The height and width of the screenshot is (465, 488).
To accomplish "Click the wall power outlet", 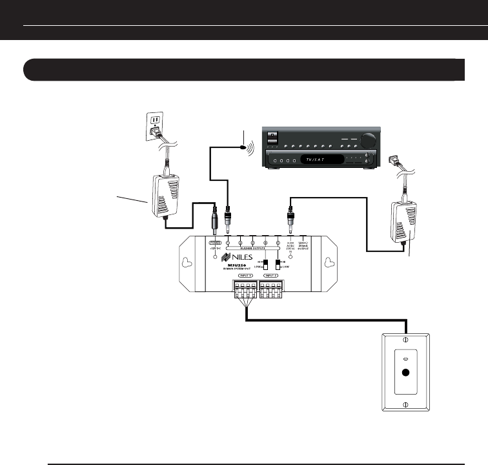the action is pos(154,125).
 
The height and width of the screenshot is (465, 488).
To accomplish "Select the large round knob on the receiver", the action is pos(369,140).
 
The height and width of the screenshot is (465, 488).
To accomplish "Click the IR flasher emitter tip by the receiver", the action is pos(244,147).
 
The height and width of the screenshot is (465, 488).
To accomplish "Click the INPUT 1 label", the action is pos(245,276).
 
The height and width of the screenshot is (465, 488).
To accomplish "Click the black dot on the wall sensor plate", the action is pos(405,372).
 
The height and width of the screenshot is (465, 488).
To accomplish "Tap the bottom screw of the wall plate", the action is pos(405,404).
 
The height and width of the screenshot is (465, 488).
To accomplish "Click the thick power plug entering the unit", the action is pos(215,223).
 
